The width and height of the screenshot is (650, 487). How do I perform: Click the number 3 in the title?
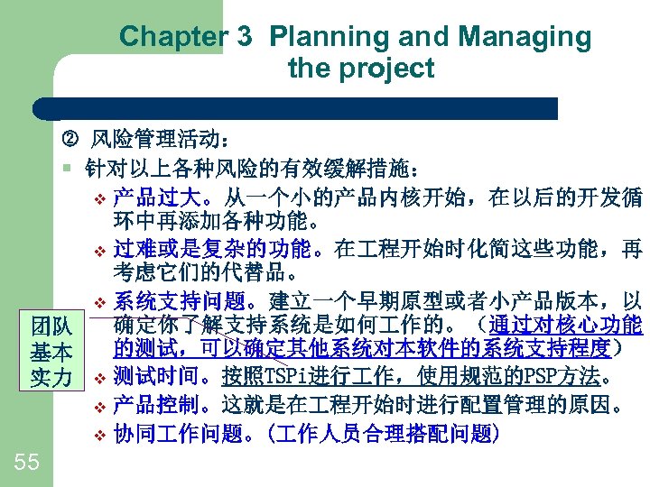(244, 37)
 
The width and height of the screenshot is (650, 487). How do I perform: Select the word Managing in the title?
(525, 37)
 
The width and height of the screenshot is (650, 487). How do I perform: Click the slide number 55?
(27, 463)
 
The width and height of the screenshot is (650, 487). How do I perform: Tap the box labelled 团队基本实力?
(51, 351)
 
